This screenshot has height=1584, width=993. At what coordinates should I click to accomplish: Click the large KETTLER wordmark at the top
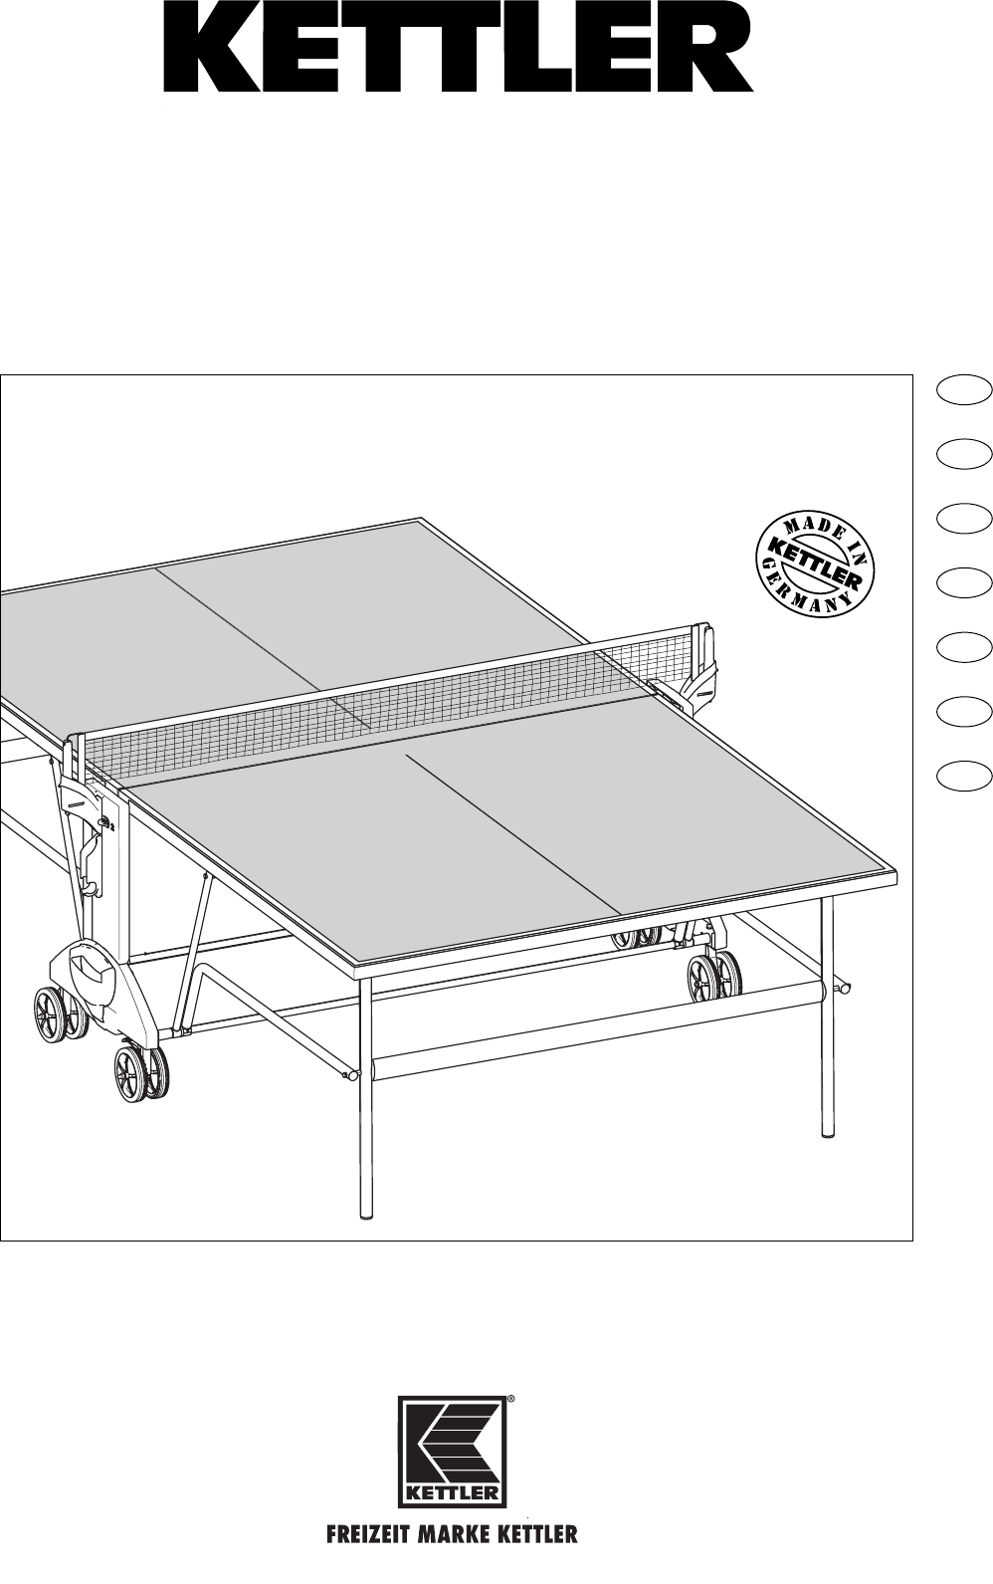click(x=458, y=55)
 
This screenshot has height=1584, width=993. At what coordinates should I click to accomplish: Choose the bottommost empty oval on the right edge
click(x=964, y=775)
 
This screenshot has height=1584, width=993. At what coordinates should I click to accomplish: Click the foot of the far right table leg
click(x=828, y=1131)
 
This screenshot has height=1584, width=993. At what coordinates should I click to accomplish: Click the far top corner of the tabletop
click(x=421, y=519)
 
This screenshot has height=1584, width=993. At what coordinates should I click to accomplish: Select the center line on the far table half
click(x=263, y=645)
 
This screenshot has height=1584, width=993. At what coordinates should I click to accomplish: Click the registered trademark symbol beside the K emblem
click(x=511, y=1398)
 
